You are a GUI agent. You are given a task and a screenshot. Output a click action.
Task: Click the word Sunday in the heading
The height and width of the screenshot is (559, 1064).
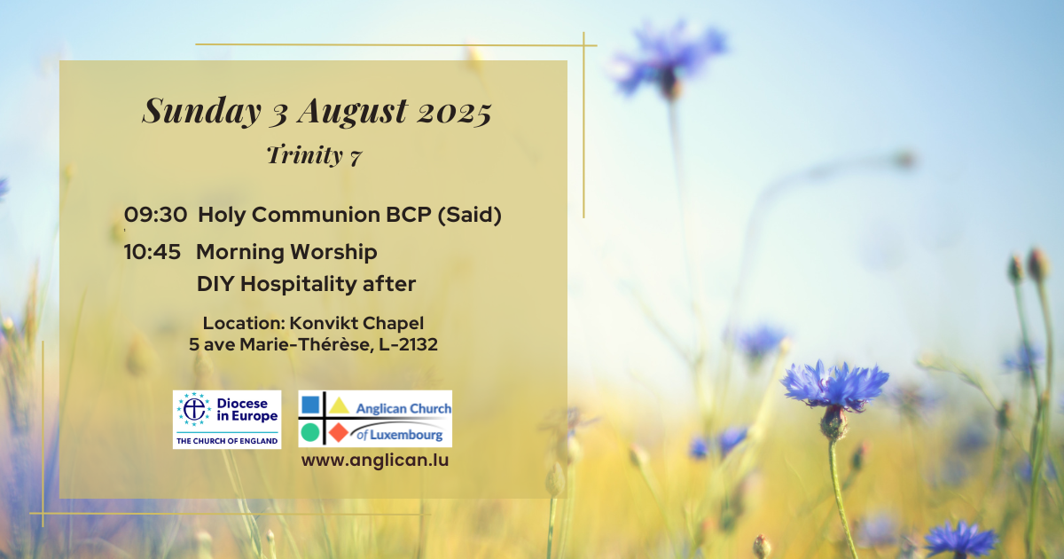click(x=202, y=111)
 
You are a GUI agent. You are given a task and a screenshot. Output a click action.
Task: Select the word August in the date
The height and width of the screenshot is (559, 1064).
click(x=353, y=111)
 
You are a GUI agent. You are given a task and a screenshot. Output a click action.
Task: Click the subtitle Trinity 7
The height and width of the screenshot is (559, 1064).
click(x=314, y=155)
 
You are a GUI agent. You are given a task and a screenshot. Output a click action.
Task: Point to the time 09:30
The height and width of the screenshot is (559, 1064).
click(x=155, y=215)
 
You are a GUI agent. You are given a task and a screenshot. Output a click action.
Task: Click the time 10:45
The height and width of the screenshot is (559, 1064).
click(x=152, y=252)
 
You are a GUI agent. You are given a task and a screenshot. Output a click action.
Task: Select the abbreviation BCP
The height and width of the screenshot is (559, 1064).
click(x=409, y=215)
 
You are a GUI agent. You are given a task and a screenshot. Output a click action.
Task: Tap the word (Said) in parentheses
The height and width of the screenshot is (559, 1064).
click(x=469, y=216)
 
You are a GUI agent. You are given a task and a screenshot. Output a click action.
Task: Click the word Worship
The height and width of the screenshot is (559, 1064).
click(x=333, y=252)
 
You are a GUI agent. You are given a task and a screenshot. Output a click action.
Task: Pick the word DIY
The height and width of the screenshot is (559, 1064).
click(x=215, y=284)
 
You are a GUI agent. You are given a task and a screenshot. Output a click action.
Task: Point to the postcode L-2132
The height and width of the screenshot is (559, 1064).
click(x=408, y=344)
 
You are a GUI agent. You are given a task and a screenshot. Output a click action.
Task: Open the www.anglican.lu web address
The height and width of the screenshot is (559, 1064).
click(x=375, y=461)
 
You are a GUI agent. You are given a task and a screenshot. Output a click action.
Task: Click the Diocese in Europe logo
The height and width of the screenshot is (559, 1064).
click(x=227, y=420)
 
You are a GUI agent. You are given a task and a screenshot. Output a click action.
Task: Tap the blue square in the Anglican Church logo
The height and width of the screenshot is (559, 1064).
click(x=310, y=405)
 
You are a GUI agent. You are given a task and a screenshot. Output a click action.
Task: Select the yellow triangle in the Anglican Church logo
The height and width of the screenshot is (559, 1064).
click(x=339, y=405)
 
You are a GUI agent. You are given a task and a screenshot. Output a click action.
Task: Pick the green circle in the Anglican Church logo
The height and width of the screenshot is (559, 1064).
click(x=310, y=433)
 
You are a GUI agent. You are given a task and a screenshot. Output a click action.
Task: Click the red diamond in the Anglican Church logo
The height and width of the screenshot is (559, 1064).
click(x=339, y=433)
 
